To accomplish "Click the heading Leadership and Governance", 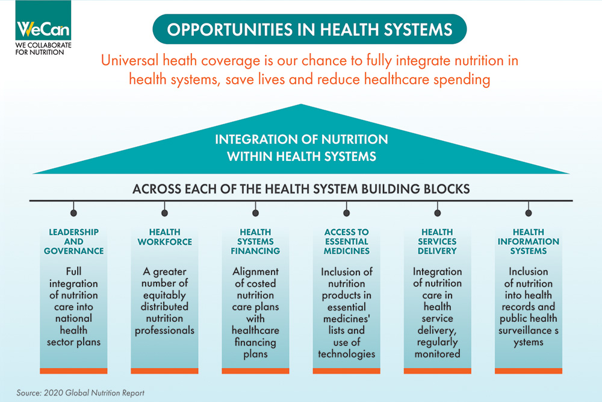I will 74,241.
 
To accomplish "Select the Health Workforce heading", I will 164,237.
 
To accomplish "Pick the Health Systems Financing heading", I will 256,241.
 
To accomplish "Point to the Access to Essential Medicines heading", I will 347,241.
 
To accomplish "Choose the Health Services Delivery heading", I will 438,241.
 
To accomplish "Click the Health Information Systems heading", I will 529,241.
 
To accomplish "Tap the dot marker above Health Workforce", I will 164,212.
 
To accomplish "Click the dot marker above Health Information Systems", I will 529,212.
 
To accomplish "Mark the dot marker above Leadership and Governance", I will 74,212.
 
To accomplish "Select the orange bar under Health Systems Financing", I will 256,370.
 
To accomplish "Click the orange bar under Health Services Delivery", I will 438,370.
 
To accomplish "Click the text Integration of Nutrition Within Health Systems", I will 301,148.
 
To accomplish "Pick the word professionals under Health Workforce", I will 164,330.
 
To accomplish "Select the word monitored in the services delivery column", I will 438,353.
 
